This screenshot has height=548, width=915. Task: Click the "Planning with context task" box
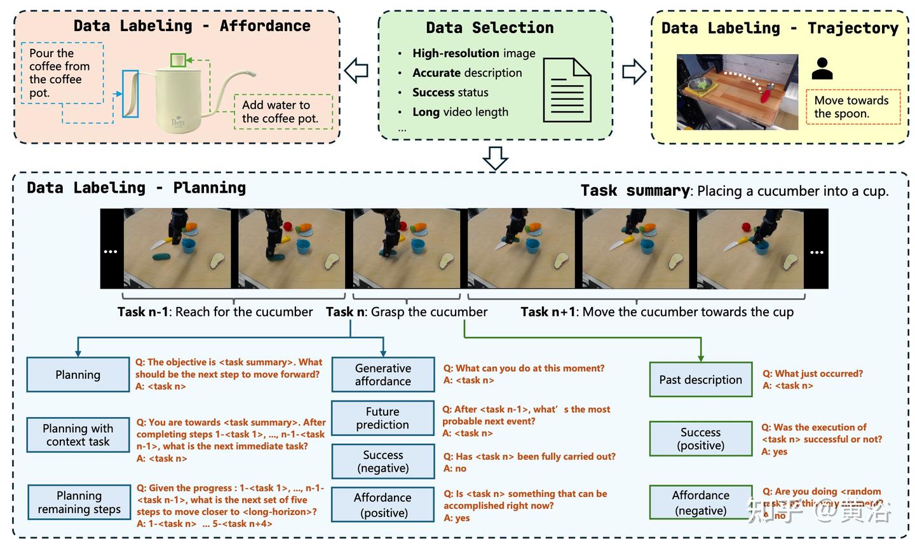78,435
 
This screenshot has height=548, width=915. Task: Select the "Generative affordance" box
383,374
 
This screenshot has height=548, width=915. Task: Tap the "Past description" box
700,380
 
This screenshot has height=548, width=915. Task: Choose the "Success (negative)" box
383,462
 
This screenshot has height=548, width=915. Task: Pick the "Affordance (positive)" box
383,505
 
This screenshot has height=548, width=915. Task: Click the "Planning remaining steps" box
79,502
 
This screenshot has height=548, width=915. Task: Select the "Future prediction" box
383,418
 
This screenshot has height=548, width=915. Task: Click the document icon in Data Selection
567,90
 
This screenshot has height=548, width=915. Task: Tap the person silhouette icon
822,69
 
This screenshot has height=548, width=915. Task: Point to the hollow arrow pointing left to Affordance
356,71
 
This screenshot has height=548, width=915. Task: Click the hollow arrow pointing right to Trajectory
634,72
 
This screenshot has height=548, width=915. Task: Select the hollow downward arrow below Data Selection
495,158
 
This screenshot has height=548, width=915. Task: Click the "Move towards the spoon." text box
853,107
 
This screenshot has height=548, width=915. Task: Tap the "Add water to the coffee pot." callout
283,112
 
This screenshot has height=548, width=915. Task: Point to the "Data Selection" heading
489,28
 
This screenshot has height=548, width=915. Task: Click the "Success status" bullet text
450,93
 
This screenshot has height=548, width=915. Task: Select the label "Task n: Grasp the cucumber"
407,312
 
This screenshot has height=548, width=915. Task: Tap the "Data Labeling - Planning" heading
136,188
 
